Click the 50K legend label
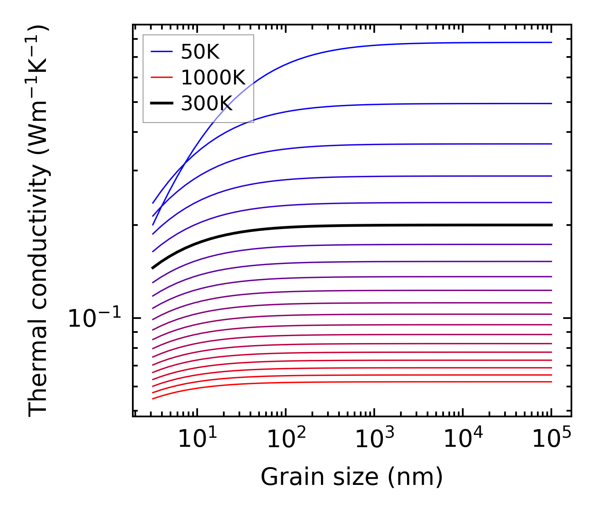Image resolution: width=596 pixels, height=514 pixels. (x=200, y=52)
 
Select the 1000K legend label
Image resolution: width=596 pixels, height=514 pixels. (x=213, y=77)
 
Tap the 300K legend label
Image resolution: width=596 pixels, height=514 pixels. (x=207, y=104)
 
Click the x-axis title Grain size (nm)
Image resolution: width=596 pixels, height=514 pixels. (x=352, y=478)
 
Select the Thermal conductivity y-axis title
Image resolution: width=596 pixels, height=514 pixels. (x=39, y=221)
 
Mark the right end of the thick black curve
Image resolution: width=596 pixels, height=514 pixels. (x=552, y=225)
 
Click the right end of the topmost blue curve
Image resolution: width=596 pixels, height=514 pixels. (x=552, y=42)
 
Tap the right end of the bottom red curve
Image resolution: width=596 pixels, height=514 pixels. (x=552, y=382)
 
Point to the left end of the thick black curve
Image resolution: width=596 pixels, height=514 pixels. (x=152, y=268)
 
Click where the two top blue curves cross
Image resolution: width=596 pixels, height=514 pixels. (x=185, y=164)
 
